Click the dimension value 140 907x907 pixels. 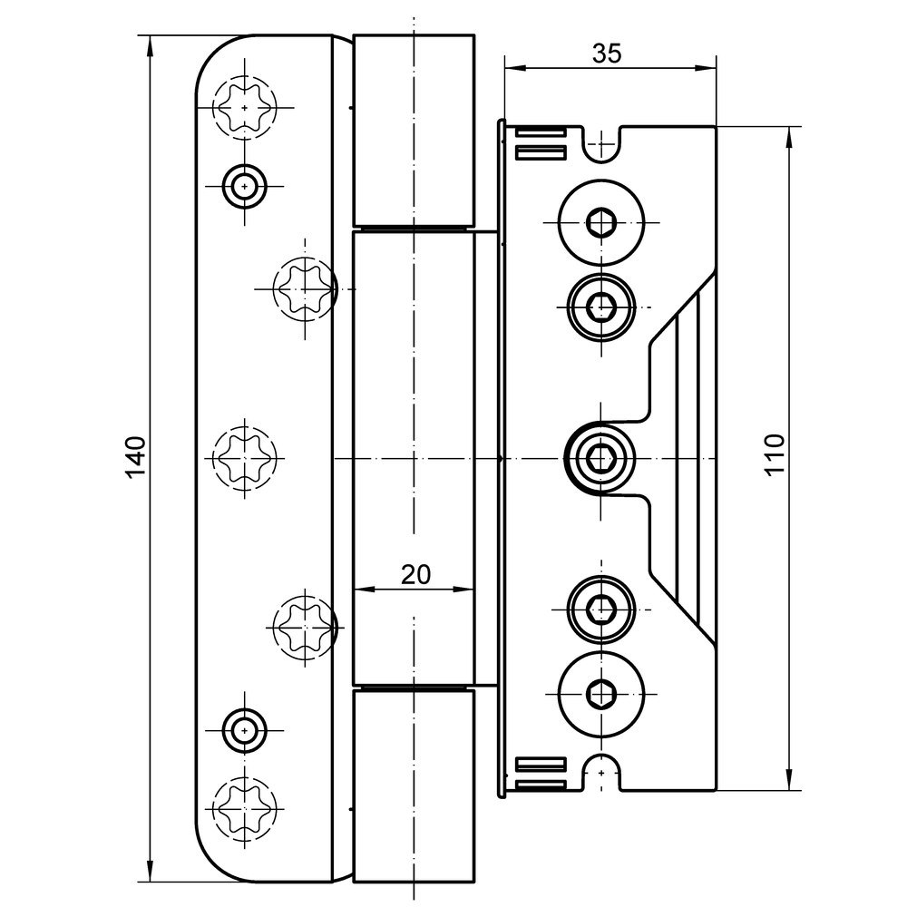coord(135,457)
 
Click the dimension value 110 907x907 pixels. coord(773,454)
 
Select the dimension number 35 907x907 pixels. coord(607,54)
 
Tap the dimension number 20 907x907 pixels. coord(415,574)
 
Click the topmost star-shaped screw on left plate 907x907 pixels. coord(244,107)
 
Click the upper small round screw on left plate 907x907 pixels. coord(244,186)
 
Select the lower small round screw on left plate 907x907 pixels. coord(244,729)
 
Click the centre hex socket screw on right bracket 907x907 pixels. coord(599,457)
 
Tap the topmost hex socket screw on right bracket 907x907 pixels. coord(599,221)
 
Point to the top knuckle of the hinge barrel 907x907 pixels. coord(414,129)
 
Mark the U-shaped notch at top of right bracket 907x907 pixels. coord(599,145)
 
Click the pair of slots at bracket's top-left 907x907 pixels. coord(541,143)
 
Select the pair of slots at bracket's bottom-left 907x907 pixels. coord(541,770)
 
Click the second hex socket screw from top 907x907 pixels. coord(599,308)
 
